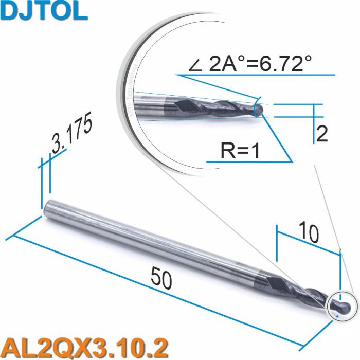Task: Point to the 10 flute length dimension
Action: point(309,233)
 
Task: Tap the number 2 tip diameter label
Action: point(322,134)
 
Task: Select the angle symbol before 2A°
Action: point(196,66)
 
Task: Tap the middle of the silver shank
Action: point(149,241)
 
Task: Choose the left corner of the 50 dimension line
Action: point(11,237)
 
